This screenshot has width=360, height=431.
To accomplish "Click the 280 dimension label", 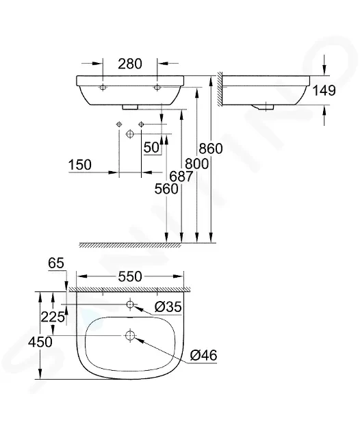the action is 130,64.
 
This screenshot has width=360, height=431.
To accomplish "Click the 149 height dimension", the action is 324,90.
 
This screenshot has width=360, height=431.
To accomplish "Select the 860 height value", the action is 211,148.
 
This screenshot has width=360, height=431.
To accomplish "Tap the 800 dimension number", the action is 197,164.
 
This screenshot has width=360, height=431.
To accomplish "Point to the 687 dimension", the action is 181,177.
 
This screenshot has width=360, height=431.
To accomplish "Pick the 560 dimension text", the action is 166,189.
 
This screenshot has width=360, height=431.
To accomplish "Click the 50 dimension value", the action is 151,148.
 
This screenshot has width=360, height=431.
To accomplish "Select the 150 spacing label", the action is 80,165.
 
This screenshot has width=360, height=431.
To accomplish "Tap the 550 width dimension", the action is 130,276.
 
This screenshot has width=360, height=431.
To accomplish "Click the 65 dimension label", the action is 56,263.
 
